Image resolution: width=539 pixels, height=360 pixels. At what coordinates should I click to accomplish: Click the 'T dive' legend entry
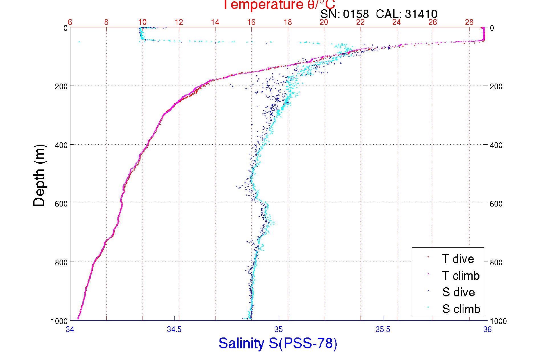(458, 259)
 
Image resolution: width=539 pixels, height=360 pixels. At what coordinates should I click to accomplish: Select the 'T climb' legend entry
(461, 276)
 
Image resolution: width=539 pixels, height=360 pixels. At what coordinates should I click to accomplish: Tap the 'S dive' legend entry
(458, 292)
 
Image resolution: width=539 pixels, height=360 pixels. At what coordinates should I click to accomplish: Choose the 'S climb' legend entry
(461, 309)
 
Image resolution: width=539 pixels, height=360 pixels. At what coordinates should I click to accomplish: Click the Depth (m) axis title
(39, 175)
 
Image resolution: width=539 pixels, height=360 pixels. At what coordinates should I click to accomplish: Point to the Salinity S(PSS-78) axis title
(278, 343)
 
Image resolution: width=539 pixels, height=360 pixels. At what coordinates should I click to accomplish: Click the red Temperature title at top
(279, 5)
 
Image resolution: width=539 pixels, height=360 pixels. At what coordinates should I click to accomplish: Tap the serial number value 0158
(356, 14)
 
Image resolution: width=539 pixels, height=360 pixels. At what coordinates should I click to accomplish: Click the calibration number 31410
(421, 14)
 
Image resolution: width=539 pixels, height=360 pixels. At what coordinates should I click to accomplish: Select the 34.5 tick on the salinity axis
(174, 329)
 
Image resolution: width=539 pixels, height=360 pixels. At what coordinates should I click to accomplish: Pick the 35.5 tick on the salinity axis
(383, 329)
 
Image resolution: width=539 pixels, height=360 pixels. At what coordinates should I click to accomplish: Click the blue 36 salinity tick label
(487, 329)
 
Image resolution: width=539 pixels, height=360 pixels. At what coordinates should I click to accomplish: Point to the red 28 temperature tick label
(469, 22)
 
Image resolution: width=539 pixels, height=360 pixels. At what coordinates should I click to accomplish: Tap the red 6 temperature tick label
(70, 22)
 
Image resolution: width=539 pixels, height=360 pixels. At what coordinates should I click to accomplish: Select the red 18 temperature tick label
(288, 22)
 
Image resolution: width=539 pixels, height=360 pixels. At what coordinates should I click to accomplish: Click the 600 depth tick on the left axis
(61, 204)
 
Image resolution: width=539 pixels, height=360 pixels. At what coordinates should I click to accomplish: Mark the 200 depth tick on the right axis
(496, 86)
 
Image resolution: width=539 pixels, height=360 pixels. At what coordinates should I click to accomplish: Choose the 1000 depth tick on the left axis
(59, 321)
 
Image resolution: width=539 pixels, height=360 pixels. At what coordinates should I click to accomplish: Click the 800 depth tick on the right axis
(496, 262)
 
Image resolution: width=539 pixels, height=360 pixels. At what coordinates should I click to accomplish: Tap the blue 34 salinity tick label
(70, 329)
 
